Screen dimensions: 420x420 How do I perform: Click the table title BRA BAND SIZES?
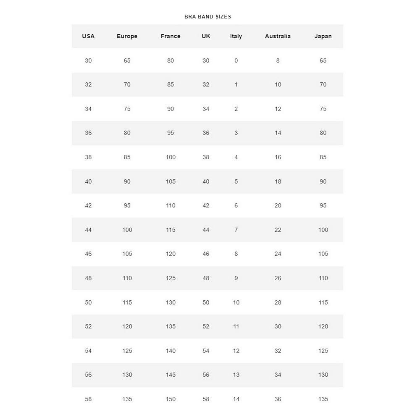pyautogui.click(x=207, y=17)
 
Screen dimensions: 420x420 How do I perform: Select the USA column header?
pyautogui.click(x=88, y=36)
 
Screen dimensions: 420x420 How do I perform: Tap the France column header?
pyautogui.click(x=171, y=36)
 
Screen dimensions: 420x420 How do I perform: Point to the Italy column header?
pyautogui.click(x=236, y=36)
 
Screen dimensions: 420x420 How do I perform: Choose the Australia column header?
pyautogui.click(x=278, y=36)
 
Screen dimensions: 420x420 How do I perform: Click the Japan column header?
pyautogui.click(x=323, y=36)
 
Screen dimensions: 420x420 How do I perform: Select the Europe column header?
pyautogui.click(x=127, y=36)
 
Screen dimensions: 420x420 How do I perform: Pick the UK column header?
pyautogui.click(x=206, y=36)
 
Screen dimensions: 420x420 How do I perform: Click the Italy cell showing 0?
pyautogui.click(x=236, y=60)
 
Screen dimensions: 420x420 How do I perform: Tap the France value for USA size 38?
pyautogui.click(x=171, y=157)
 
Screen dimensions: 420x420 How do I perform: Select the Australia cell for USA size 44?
pyautogui.click(x=278, y=230)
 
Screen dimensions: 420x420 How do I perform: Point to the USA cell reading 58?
pyautogui.click(x=88, y=399)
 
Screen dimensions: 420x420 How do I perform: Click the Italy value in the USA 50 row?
pyautogui.click(x=236, y=302)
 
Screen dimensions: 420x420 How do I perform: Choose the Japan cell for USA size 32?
pyautogui.click(x=323, y=84)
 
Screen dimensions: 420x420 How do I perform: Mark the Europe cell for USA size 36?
pyautogui.click(x=127, y=133)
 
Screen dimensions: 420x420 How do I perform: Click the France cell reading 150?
pyautogui.click(x=171, y=399)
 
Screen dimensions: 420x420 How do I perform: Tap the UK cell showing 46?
pyautogui.click(x=206, y=254)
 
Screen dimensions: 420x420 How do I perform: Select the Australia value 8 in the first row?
pyautogui.click(x=278, y=60)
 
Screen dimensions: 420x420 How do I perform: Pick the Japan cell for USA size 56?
pyautogui.click(x=323, y=375)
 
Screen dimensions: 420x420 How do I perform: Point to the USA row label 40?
pyautogui.click(x=88, y=181)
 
